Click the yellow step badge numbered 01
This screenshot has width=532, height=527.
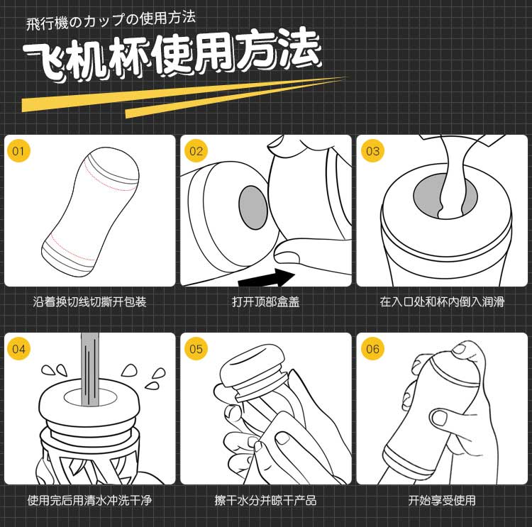point(18,150)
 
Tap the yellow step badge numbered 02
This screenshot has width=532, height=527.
point(196,150)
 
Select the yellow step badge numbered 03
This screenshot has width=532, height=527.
point(372,150)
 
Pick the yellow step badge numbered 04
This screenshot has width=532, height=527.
point(18,348)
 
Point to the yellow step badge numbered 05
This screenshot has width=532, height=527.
point(196,348)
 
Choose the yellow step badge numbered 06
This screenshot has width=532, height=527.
point(372,348)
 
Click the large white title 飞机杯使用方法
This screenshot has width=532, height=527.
point(172,55)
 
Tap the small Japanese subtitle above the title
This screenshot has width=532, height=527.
point(111,21)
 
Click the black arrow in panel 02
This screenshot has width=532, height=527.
point(267,278)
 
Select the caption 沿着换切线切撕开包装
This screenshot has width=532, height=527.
point(89,301)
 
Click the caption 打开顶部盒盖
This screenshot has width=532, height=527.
point(266,301)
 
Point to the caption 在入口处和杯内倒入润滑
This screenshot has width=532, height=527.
point(442,301)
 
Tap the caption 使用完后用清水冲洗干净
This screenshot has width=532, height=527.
point(89,500)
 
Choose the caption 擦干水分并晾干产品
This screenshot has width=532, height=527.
point(266,500)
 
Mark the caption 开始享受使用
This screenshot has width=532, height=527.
point(442,500)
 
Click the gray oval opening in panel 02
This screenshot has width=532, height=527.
point(253,207)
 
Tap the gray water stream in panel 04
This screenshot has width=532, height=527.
point(90,370)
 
